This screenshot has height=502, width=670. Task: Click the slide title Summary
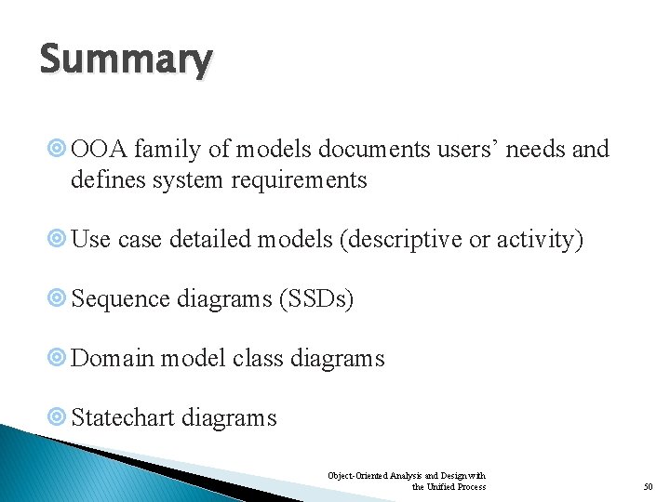tap(126, 60)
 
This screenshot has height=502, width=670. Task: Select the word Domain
tap(112, 358)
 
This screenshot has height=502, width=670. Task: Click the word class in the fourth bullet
tap(255, 358)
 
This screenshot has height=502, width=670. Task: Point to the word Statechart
tap(123, 417)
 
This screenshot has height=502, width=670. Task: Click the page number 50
tap(649, 487)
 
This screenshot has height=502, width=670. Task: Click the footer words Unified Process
tap(455, 487)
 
